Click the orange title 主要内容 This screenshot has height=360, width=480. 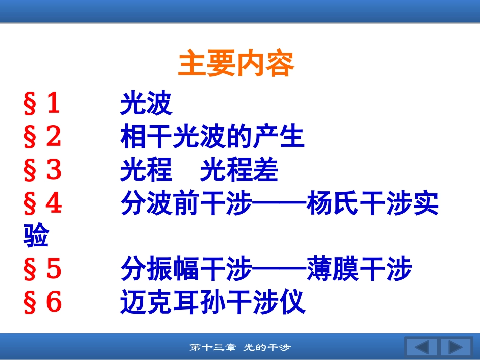[x=236, y=63]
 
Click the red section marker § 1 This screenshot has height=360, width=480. [x=41, y=103]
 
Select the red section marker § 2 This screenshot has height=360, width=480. [x=42, y=136]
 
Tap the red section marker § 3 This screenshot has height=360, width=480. [x=42, y=170]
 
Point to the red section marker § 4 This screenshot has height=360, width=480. [x=43, y=203]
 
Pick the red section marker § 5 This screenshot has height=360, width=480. [x=42, y=269]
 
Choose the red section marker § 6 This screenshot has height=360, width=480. [x=42, y=302]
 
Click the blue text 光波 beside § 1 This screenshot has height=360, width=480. [x=147, y=103]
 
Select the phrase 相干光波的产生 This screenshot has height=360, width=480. [x=212, y=136]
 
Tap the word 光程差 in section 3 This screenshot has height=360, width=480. [x=239, y=170]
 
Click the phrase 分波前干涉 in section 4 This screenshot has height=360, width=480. [x=186, y=203]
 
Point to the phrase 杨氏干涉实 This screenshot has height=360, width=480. [x=372, y=203]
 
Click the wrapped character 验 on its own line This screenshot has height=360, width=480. [x=36, y=235]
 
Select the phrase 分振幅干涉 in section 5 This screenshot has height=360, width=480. [x=186, y=269]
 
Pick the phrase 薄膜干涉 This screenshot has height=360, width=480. [x=359, y=269]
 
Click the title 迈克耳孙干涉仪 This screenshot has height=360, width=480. [x=213, y=302]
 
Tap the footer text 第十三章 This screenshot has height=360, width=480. [x=213, y=348]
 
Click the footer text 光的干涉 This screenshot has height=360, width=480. [x=267, y=348]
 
